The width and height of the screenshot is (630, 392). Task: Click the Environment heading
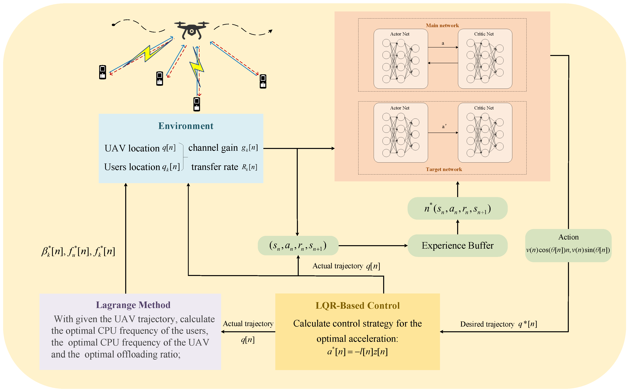186,126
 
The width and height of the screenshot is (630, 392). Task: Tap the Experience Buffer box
457,246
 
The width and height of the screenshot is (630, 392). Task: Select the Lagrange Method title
133,305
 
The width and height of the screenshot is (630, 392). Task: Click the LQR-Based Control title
357,306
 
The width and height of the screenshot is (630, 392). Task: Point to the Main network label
442,25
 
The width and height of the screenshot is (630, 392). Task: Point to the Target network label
444,169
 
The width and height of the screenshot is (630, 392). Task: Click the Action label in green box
568,237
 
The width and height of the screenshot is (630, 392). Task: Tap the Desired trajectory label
487,324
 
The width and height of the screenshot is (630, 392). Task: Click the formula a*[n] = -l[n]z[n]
357,352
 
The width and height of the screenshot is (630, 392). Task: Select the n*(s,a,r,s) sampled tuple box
457,209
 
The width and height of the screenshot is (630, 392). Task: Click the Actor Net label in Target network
400,108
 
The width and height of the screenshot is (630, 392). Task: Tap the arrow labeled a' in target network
443,133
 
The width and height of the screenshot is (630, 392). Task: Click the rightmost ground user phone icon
263,81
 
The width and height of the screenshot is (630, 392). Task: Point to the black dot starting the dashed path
113,25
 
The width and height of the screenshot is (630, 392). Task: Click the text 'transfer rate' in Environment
214,167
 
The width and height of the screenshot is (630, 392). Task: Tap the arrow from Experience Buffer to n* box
458,227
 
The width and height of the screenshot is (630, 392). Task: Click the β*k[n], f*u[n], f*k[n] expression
78,251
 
